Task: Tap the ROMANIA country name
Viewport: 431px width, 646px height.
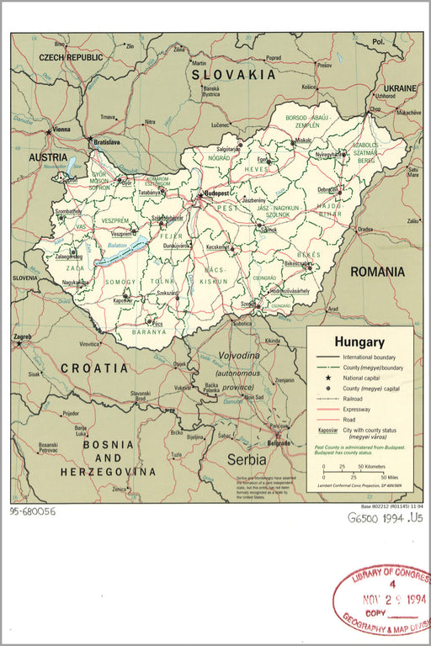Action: point(377,272)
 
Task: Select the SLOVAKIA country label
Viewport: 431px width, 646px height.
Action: point(233,75)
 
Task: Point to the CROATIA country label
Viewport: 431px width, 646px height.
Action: point(93,368)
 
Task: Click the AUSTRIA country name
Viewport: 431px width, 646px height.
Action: point(48,157)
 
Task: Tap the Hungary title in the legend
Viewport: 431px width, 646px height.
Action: point(359,342)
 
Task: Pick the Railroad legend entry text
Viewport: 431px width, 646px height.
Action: point(357,399)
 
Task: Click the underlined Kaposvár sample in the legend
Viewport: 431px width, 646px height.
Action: point(324,430)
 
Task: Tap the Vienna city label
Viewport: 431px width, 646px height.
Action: point(61,130)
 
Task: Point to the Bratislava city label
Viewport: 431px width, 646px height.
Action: point(106,142)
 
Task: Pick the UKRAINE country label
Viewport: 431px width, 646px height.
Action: point(400,87)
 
